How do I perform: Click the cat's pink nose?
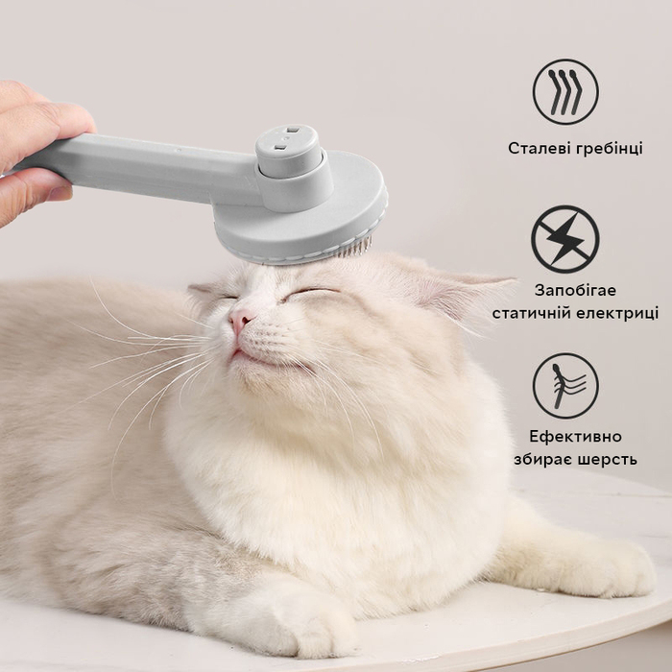[241, 320]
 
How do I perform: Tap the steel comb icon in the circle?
[565, 92]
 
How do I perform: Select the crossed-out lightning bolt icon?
[564, 239]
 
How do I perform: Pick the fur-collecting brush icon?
[564, 385]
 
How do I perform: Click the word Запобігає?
[575, 290]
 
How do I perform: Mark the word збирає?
[541, 460]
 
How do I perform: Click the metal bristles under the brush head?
[353, 249]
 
